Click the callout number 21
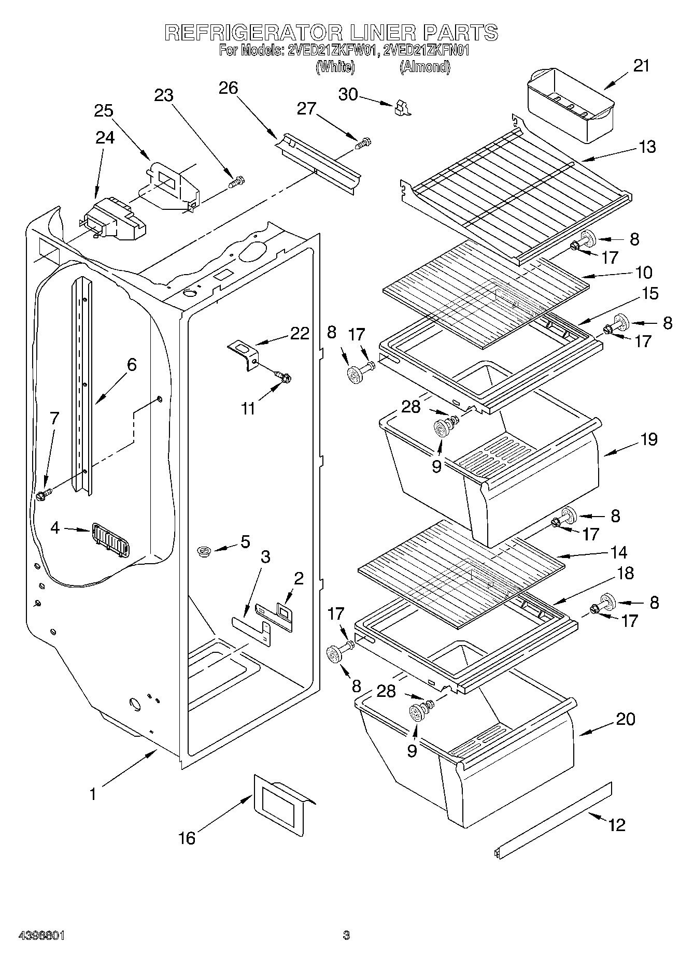coord(641,66)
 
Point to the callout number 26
coord(229,88)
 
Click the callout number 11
coord(248,409)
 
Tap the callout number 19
coord(648,439)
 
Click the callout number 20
coord(626,719)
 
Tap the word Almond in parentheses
coord(424,67)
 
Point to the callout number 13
coord(647,147)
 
